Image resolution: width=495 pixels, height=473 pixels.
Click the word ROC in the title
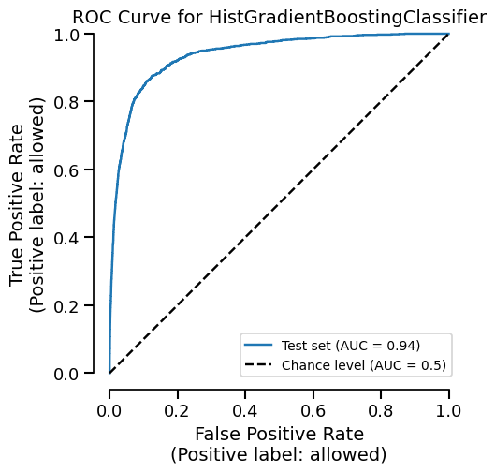[x=92, y=17]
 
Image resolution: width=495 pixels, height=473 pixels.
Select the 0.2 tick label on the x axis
[x=178, y=410]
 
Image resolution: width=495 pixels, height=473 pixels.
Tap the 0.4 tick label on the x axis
[x=245, y=410]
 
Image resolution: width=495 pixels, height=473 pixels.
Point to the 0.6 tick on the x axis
[x=313, y=410]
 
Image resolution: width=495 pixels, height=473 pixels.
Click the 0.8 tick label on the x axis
[x=382, y=410]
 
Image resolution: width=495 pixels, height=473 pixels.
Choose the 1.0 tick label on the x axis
[x=449, y=410]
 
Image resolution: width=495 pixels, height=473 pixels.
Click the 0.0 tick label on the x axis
[x=109, y=410]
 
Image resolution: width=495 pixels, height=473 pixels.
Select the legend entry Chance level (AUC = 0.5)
[x=364, y=364]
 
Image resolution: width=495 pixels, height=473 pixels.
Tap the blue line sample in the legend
[x=259, y=346]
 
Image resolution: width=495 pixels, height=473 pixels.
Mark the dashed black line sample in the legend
[x=259, y=364]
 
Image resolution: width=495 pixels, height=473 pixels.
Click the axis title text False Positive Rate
[x=279, y=435]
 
